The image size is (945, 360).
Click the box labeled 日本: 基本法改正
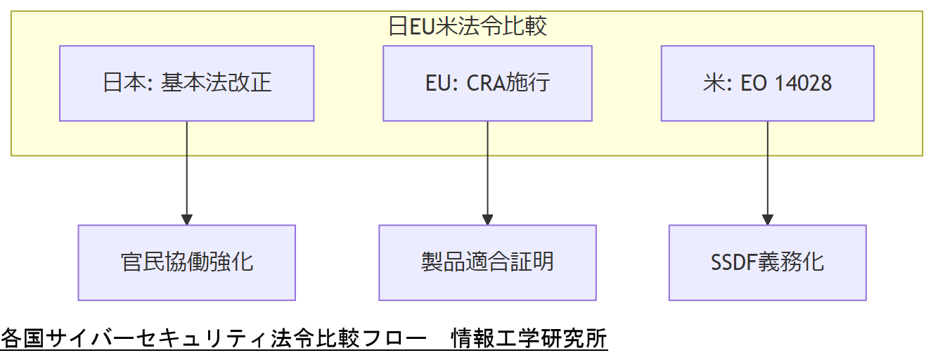[186, 84]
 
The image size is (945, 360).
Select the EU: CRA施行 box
[487, 84]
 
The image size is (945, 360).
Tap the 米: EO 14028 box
[767, 84]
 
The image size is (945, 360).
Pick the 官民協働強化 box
[186, 262]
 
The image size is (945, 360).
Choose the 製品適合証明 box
[487, 262]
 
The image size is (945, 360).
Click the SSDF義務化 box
[767, 262]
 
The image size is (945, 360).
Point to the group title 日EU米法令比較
[468, 27]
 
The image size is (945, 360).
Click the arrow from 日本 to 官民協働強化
[186, 169]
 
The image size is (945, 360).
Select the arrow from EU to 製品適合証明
[487, 169]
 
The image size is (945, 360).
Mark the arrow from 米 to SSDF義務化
[767, 169]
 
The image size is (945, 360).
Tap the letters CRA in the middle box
[489, 84]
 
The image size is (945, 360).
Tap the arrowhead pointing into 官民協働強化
[186, 219]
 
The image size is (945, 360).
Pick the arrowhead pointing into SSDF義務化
[767, 219]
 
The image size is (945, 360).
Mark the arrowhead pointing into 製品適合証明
[487, 219]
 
